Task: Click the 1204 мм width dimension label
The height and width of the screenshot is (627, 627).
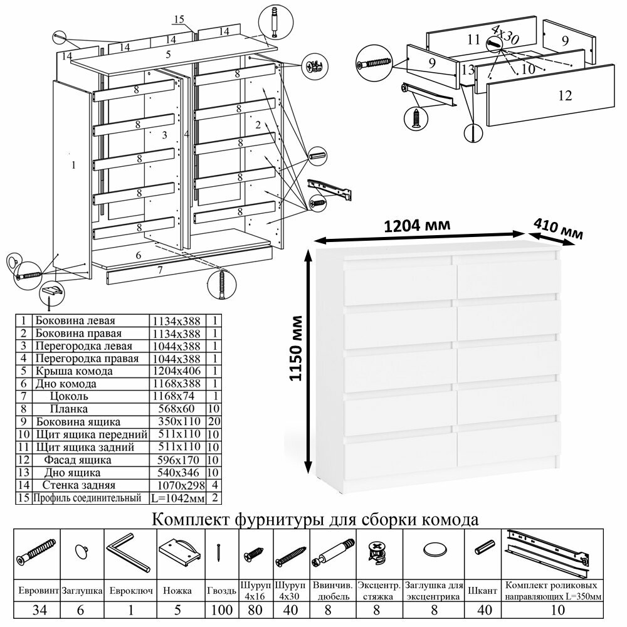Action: coord(415,224)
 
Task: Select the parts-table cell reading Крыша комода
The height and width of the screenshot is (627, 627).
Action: coord(75,371)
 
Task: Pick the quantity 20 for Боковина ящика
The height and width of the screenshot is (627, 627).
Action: coord(215,421)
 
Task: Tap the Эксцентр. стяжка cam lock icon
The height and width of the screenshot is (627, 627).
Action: coord(378,552)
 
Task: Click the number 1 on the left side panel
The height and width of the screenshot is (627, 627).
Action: coord(74,166)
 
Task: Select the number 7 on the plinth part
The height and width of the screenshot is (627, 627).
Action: coord(161,270)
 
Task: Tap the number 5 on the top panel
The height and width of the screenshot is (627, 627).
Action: coord(168,55)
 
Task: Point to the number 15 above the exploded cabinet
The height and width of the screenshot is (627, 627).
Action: coord(179,19)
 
